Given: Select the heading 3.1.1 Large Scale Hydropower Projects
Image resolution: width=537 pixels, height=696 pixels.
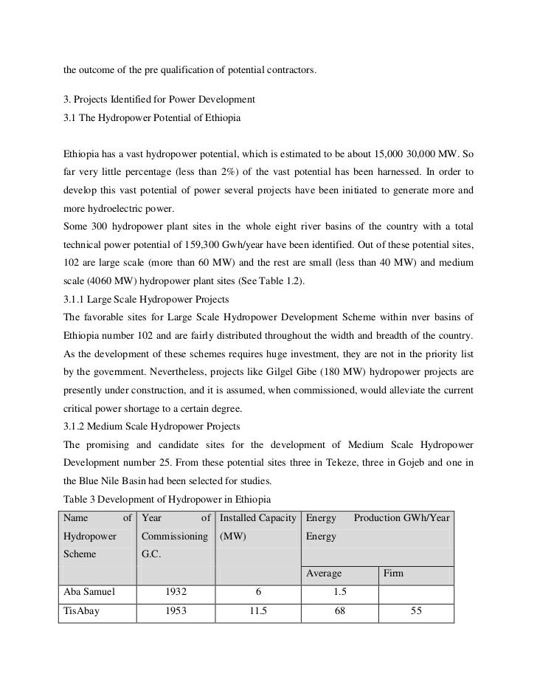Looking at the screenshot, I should point(145,300).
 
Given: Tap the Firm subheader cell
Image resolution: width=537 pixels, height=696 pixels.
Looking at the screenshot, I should point(393,572).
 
